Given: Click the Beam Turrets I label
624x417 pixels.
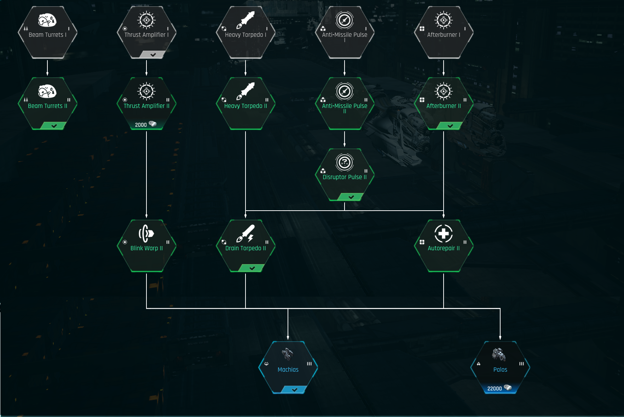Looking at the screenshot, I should [47, 35].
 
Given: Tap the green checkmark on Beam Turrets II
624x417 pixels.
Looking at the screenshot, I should [54, 126].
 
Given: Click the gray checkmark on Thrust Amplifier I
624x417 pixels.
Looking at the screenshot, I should [153, 55].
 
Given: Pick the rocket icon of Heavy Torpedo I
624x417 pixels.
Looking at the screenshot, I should [245, 20].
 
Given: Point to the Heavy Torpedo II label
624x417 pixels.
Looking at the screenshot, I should [245, 106].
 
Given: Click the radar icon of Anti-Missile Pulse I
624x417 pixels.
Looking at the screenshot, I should [345, 20].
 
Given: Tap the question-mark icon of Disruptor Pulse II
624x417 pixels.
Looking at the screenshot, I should [345, 162].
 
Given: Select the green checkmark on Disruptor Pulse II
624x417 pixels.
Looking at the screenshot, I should [351, 197].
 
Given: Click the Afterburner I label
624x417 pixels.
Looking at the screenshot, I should [444, 35].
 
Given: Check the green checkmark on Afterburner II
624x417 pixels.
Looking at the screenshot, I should [450, 126].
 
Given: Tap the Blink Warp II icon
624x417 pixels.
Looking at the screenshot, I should [146, 233].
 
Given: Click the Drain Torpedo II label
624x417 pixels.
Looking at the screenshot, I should [245, 248].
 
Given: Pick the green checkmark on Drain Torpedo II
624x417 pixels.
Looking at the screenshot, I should [252, 268].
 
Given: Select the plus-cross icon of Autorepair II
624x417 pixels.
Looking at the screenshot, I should [444, 233].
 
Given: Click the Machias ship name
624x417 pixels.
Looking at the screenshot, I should [288, 370].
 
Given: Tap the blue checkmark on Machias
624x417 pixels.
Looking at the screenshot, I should [295, 390].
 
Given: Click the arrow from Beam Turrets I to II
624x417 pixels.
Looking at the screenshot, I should [47, 68].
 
